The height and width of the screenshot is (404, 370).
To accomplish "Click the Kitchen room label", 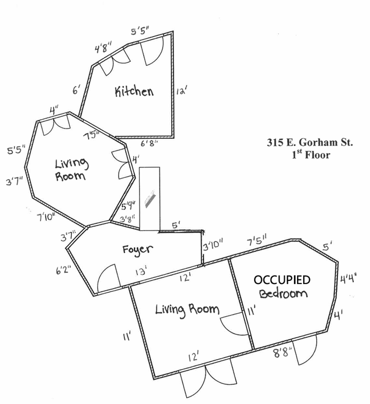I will (x=134, y=91).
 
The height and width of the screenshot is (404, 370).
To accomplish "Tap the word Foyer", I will (x=138, y=250).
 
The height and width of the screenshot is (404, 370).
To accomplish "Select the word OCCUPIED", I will (x=282, y=280).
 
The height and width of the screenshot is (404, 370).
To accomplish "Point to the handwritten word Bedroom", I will (x=283, y=293).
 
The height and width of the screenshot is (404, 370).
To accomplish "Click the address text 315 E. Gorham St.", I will (x=309, y=143).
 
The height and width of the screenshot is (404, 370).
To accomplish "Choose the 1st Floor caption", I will (x=311, y=154).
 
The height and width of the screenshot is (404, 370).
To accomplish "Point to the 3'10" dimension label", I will (x=213, y=247).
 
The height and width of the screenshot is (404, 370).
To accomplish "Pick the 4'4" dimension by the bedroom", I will (x=349, y=279).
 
